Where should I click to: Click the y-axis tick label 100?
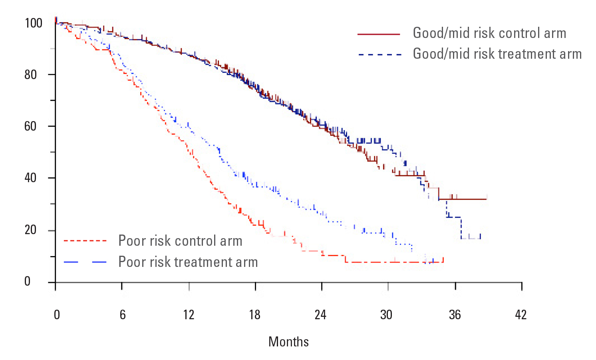[x=34, y=23]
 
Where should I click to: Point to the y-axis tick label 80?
[x=31, y=75]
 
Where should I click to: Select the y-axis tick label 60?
[x=31, y=126]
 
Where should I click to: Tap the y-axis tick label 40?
[x=31, y=178]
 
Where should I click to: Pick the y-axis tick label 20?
[x=31, y=230]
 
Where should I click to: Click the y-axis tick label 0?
[x=27, y=281]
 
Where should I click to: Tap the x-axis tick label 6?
[x=123, y=315]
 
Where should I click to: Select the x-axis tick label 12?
[x=189, y=315]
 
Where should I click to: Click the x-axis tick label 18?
[x=255, y=315]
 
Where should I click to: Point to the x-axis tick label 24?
[x=320, y=315]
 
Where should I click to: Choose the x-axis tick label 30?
[x=386, y=315]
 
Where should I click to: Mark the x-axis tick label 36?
[x=455, y=315]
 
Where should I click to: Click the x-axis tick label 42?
[x=521, y=315]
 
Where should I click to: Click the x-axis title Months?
[x=288, y=342]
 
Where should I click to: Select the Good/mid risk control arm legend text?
[x=489, y=33]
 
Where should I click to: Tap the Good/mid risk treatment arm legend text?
[x=497, y=54]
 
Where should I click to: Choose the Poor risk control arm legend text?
[x=180, y=241]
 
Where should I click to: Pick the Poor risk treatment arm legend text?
[x=188, y=262]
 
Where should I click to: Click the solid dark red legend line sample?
[x=379, y=34]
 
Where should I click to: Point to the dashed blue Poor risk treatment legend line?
[x=85, y=262]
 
